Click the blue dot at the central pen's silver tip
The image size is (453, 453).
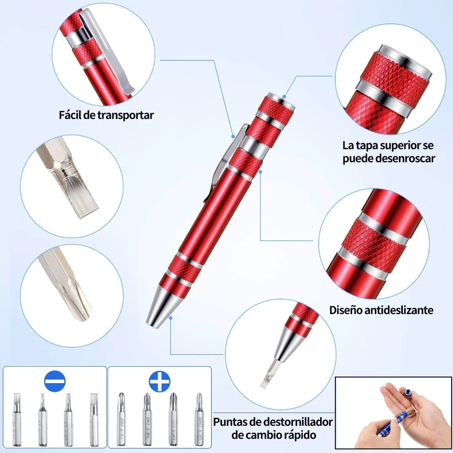(x=171, y=318)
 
